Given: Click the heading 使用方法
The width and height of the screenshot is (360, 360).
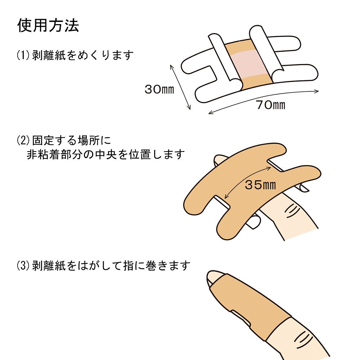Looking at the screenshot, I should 48,26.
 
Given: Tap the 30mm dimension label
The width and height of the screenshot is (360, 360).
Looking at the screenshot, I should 159,89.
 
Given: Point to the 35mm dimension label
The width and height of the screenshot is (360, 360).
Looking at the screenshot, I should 260,185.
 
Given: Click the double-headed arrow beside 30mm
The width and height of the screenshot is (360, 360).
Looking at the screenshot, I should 179,87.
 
